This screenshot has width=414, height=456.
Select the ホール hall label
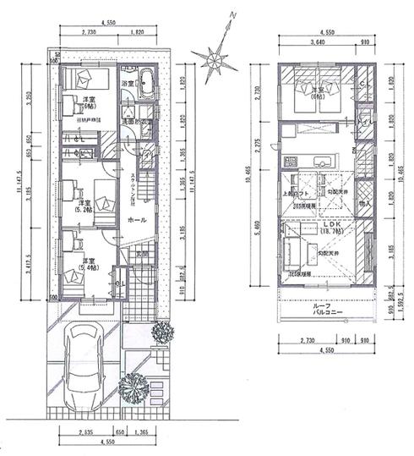coord(136,218)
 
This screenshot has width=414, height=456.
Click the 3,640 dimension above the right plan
coord(318,41)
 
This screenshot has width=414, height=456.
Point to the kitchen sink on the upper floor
coord(324,161)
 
